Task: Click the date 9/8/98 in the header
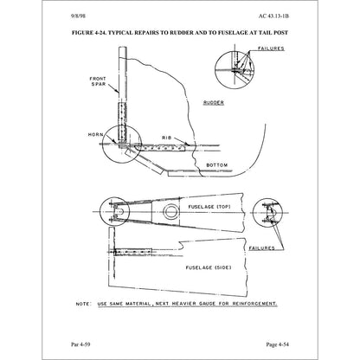pyautogui.click(x=78, y=16)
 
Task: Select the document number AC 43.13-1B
pyautogui.click(x=273, y=16)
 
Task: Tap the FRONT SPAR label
pyautogui.click(x=98, y=81)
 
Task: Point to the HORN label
pyautogui.click(x=95, y=135)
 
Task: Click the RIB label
pyautogui.click(x=166, y=138)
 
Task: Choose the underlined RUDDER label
pyautogui.click(x=214, y=103)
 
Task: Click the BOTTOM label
pyautogui.click(x=217, y=165)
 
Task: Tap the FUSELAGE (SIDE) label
pyautogui.click(x=209, y=267)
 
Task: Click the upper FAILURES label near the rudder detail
pyautogui.click(x=271, y=48)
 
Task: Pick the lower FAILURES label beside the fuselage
pyautogui.click(x=262, y=248)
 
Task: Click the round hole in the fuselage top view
pyautogui.click(x=170, y=212)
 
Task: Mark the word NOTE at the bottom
pyautogui.click(x=84, y=304)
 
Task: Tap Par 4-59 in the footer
pyautogui.click(x=80, y=344)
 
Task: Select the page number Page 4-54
pyautogui.click(x=278, y=344)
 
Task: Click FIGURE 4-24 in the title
pyautogui.click(x=89, y=33)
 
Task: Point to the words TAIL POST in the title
pyautogui.click(x=273, y=33)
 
